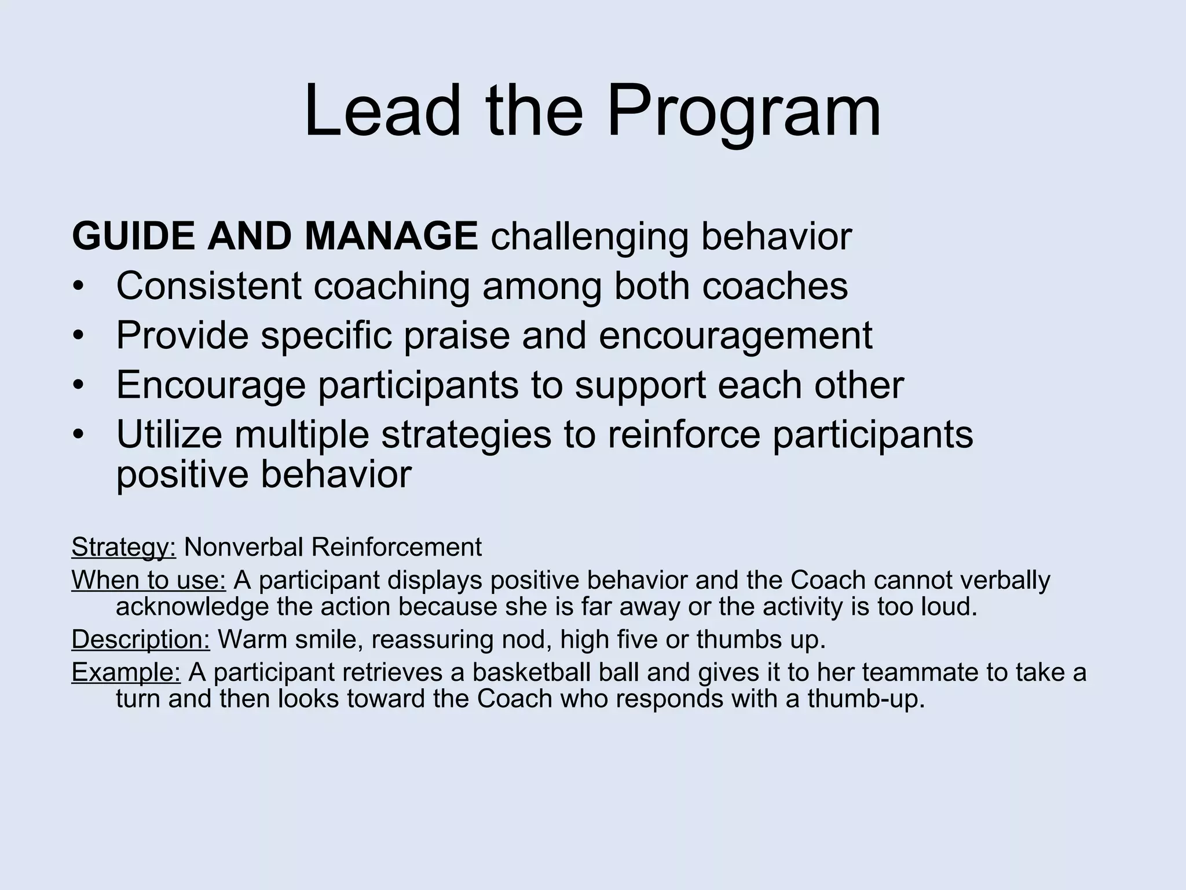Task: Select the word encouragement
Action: (x=735, y=336)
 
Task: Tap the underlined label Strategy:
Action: (x=123, y=548)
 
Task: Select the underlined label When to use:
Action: (x=148, y=580)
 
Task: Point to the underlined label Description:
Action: (x=141, y=640)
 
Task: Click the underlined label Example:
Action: (x=126, y=672)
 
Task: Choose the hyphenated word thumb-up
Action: (x=865, y=699)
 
